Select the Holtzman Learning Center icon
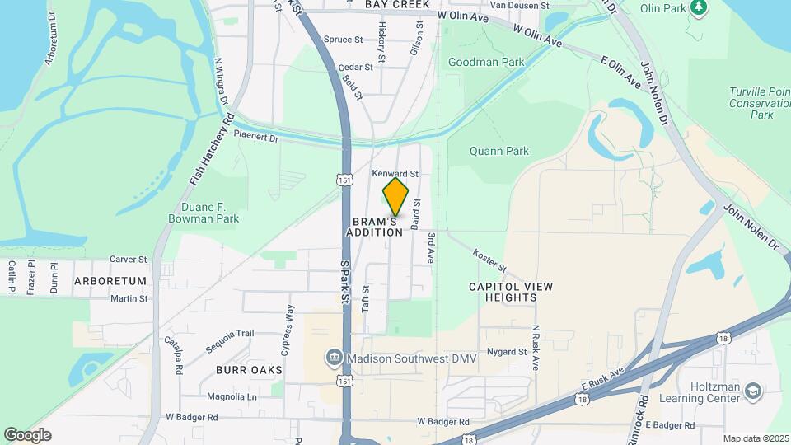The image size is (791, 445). point(753,391)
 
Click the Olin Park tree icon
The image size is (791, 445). point(699,7)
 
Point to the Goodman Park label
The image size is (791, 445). point(486,62)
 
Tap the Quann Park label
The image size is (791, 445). point(498,151)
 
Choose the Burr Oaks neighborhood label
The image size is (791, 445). point(244,370)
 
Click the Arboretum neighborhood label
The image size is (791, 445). point(110,281)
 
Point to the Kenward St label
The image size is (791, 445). point(395,174)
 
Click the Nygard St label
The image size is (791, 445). point(507,352)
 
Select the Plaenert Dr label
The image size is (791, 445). point(256,136)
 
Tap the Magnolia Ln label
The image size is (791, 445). point(232,396)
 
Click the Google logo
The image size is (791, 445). point(27,435)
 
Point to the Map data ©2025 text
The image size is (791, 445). point(756,438)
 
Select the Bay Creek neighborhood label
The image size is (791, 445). point(397,5)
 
